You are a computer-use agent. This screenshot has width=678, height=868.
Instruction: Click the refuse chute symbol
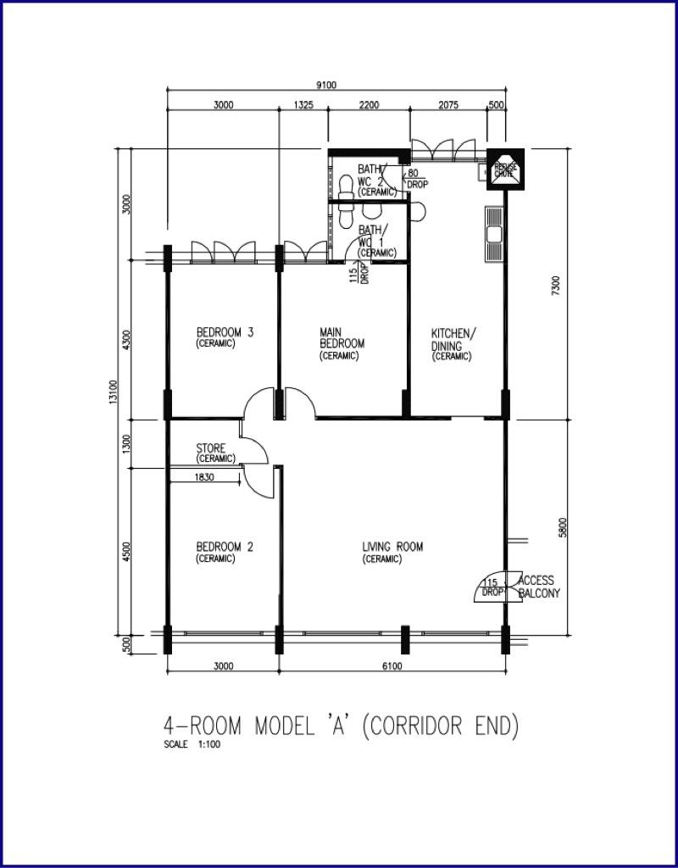[506, 168]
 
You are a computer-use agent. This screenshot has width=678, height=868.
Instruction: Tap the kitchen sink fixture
[493, 232]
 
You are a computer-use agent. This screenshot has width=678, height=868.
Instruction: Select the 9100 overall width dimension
[326, 84]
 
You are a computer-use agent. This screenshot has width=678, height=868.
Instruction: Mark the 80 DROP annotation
[416, 178]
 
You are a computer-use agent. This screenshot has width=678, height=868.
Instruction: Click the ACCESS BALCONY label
[537, 587]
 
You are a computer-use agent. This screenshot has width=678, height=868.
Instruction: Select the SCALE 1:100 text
[196, 746]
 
